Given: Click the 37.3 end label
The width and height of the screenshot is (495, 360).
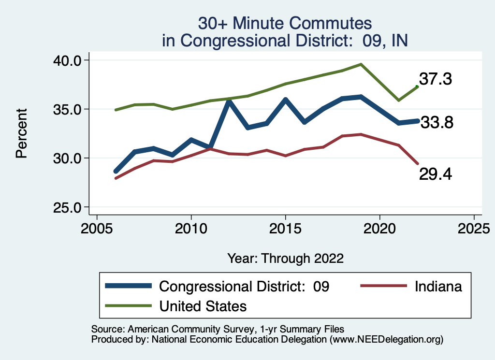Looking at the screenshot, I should coord(435,79).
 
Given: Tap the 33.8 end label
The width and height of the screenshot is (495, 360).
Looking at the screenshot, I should coord(437,123).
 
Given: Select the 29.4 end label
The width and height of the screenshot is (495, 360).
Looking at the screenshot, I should coord(435,173).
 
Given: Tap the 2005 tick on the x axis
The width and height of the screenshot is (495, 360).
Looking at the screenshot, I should coord(97,227).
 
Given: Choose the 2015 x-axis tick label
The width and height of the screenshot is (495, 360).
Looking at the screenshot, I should coord(285,227).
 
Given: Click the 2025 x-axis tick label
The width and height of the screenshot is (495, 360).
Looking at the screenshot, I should coord(474,227).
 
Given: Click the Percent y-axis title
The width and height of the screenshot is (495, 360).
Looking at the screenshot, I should coord(21,133).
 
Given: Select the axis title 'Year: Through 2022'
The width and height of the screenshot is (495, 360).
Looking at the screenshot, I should coord(285,258).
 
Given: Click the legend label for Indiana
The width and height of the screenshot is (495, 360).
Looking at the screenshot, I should coord(438,286).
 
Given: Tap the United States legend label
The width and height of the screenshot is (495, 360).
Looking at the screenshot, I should coord(203,306).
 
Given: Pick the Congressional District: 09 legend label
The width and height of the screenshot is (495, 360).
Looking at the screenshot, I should coord(244,286).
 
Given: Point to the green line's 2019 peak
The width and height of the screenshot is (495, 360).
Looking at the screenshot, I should coord(361,64).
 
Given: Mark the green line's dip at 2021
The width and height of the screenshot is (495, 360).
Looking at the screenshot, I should coord(398,101).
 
